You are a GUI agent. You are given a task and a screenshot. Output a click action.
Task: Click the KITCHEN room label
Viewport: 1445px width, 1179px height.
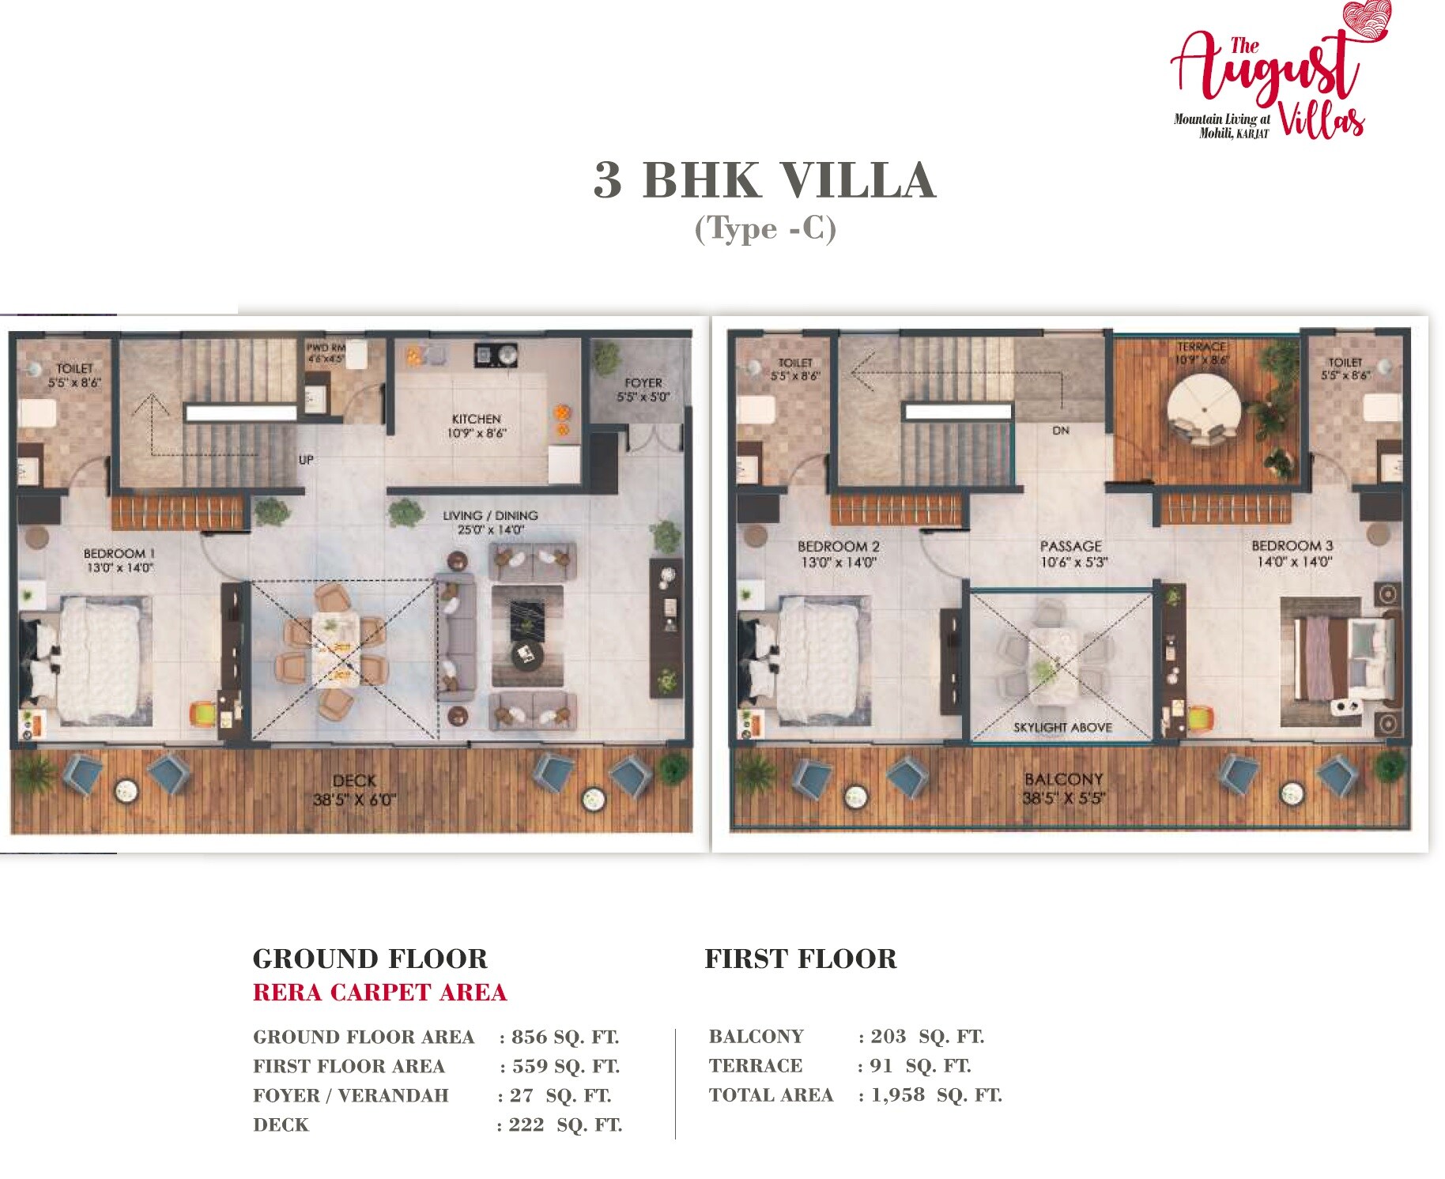pyautogui.click(x=477, y=419)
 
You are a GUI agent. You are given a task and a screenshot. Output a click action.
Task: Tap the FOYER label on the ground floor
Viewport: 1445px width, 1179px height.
pyautogui.click(x=643, y=383)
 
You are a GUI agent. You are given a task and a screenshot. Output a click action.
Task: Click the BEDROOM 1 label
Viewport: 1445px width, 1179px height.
pyautogui.click(x=119, y=553)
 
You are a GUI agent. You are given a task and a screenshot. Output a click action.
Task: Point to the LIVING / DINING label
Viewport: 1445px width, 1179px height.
pyautogui.click(x=490, y=516)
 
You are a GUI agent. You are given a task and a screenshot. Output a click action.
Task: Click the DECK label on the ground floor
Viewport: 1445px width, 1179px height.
pyautogui.click(x=354, y=781)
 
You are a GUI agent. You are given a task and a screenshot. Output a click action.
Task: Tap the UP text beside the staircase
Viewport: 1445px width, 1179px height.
pyautogui.click(x=306, y=460)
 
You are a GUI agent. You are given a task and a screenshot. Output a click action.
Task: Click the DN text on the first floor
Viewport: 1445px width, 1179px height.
pyautogui.click(x=1061, y=431)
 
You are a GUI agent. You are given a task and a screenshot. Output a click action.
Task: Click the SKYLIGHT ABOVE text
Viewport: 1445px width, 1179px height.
pyautogui.click(x=1062, y=727)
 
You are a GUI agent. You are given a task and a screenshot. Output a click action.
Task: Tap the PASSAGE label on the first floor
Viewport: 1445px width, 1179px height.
pyautogui.click(x=1070, y=546)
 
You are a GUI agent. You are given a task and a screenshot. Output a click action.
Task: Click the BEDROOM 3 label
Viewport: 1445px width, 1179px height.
pyautogui.click(x=1292, y=546)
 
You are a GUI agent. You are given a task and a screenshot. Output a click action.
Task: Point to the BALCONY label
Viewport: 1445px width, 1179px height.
pyautogui.click(x=1063, y=779)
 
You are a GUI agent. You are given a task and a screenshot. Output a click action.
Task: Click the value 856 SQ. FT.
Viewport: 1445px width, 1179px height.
pyautogui.click(x=564, y=1037)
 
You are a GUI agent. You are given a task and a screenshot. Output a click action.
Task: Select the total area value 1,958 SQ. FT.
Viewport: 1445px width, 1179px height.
pyautogui.click(x=936, y=1095)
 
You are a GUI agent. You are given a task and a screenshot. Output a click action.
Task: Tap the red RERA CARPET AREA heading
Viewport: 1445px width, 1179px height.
pyautogui.click(x=379, y=993)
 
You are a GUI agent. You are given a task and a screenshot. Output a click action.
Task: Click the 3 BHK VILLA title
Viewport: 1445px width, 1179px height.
pyautogui.click(x=764, y=180)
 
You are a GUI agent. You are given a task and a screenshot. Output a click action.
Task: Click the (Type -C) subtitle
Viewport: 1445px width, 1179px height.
pyautogui.click(x=765, y=229)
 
